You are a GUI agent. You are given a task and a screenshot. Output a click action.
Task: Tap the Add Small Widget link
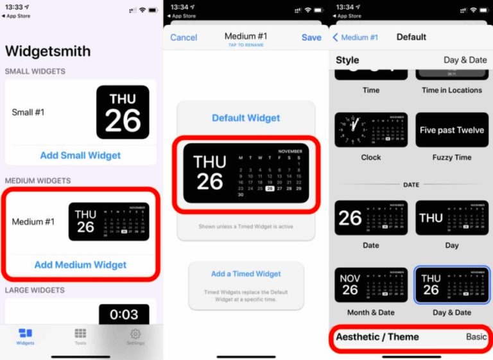click(80, 155)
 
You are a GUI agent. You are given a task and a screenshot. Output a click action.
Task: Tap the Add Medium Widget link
click(80, 264)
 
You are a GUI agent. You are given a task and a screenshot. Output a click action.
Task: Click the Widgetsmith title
click(48, 51)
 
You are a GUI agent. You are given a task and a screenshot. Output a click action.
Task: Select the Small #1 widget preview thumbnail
click(123, 112)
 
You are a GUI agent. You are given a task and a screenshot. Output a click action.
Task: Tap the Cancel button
click(184, 38)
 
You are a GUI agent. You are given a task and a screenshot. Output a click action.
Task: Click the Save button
click(311, 38)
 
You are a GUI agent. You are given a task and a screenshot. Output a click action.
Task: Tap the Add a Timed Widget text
click(246, 274)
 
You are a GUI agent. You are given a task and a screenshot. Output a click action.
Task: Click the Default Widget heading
click(246, 118)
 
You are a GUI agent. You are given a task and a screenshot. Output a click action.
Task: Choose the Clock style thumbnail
click(371, 130)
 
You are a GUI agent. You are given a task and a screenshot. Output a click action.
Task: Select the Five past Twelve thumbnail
click(452, 130)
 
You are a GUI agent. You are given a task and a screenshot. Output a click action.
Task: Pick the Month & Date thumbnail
click(371, 285)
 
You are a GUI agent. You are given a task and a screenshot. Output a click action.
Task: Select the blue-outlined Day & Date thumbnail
click(452, 285)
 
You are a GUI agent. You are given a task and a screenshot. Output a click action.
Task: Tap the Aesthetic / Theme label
click(377, 337)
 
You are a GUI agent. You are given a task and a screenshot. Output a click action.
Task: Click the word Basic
click(476, 337)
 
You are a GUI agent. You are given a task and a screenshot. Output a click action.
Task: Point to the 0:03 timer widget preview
click(124, 314)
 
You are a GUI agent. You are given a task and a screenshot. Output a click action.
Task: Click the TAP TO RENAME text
click(246, 46)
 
